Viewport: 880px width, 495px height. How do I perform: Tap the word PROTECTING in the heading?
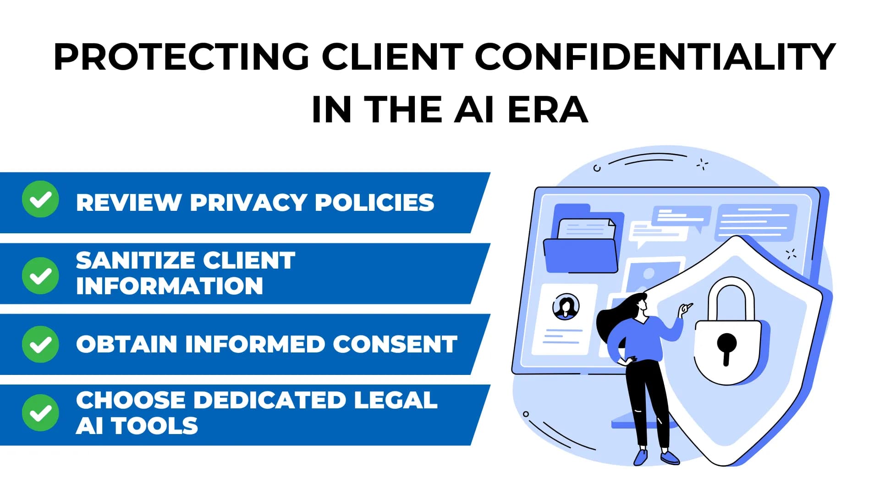pos(181,57)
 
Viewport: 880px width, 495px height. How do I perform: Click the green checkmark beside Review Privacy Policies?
pos(40,199)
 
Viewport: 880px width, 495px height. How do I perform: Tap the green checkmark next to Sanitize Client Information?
pos(40,275)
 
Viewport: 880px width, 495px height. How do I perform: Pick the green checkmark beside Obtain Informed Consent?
pos(40,344)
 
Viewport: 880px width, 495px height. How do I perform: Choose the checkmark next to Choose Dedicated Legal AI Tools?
pos(40,413)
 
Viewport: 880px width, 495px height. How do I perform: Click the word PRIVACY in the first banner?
pos(248,203)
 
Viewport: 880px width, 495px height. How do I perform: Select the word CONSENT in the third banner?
pos(395,344)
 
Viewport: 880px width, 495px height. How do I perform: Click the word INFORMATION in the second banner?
pos(170,286)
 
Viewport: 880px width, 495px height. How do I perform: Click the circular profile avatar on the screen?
pos(566,307)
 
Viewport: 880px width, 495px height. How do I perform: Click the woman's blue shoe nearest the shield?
pos(670,457)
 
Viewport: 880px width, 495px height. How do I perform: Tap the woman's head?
pos(639,303)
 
